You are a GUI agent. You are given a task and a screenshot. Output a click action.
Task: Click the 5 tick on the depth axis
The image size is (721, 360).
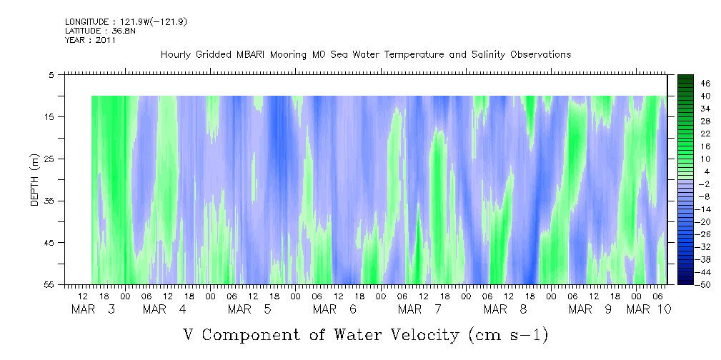[x=52, y=74]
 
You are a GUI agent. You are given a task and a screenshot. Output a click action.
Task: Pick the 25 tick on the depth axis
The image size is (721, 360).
[x=50, y=159]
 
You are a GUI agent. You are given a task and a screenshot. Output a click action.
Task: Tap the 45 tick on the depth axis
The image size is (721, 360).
[x=50, y=243]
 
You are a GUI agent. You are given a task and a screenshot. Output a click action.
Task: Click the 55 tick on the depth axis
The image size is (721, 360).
[x=50, y=284]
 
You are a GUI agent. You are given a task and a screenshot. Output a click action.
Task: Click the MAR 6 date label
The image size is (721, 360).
[x=335, y=310]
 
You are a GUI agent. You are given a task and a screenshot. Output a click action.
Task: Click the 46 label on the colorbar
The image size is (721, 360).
[x=705, y=84]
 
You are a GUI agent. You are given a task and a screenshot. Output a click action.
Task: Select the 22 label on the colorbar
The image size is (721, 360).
[x=705, y=134]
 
